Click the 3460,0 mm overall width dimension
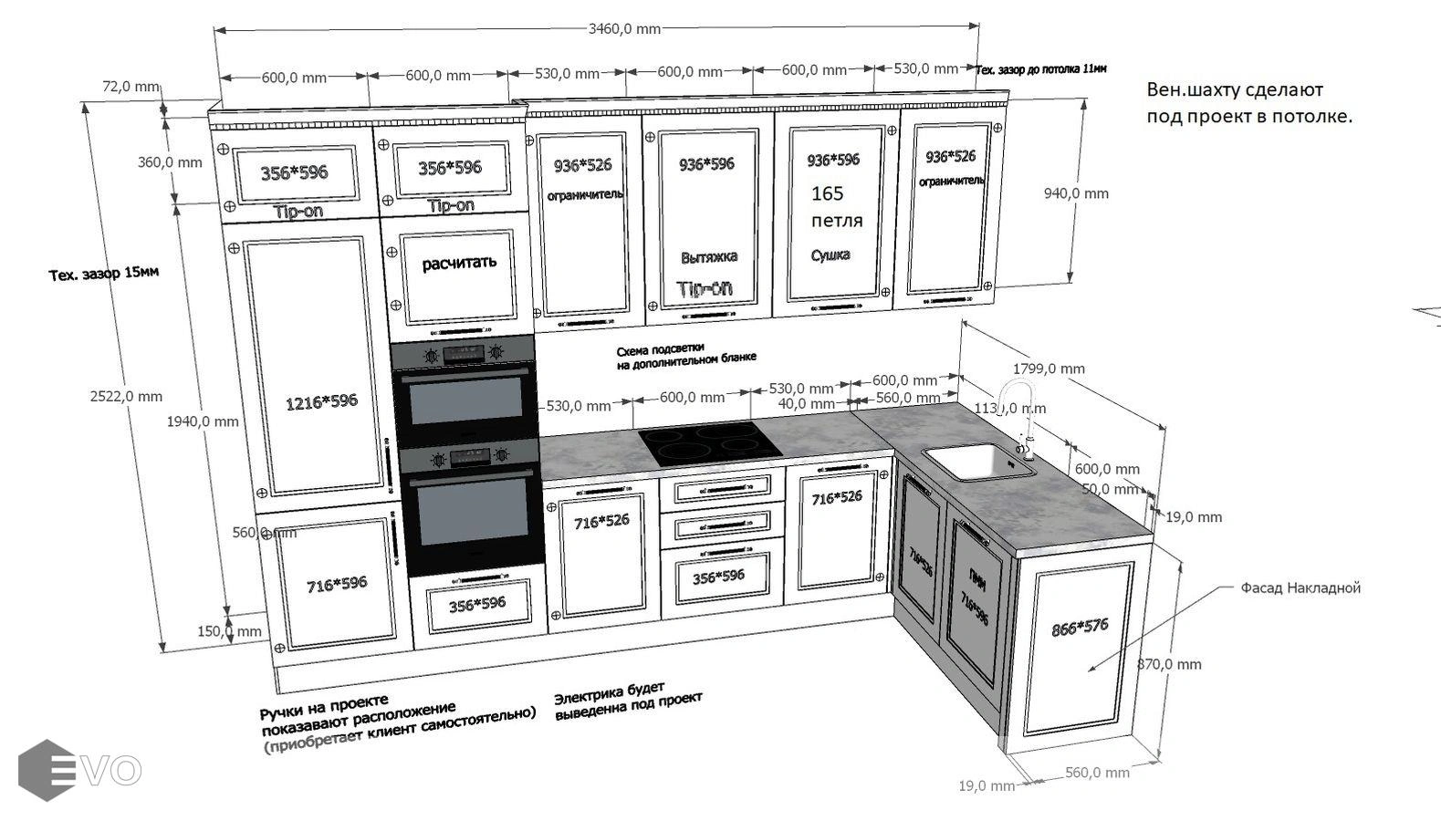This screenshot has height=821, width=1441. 624,28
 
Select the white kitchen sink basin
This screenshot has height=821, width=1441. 977,462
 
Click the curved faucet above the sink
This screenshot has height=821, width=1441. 1018,415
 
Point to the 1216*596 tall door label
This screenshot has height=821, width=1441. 320,401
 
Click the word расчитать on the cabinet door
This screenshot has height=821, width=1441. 459,264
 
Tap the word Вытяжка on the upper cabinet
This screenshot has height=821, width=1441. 709,257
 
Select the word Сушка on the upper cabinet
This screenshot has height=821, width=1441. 830,255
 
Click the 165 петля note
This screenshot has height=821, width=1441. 835,206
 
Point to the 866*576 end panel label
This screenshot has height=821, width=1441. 1080,627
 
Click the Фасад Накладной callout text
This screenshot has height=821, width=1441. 1300,588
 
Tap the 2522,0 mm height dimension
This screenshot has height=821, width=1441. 126,396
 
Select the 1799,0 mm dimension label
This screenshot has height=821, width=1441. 1049,369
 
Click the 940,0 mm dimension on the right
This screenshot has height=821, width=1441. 1076,193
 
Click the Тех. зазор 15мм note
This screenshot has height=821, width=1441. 104,273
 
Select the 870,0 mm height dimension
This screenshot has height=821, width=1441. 1170,664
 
